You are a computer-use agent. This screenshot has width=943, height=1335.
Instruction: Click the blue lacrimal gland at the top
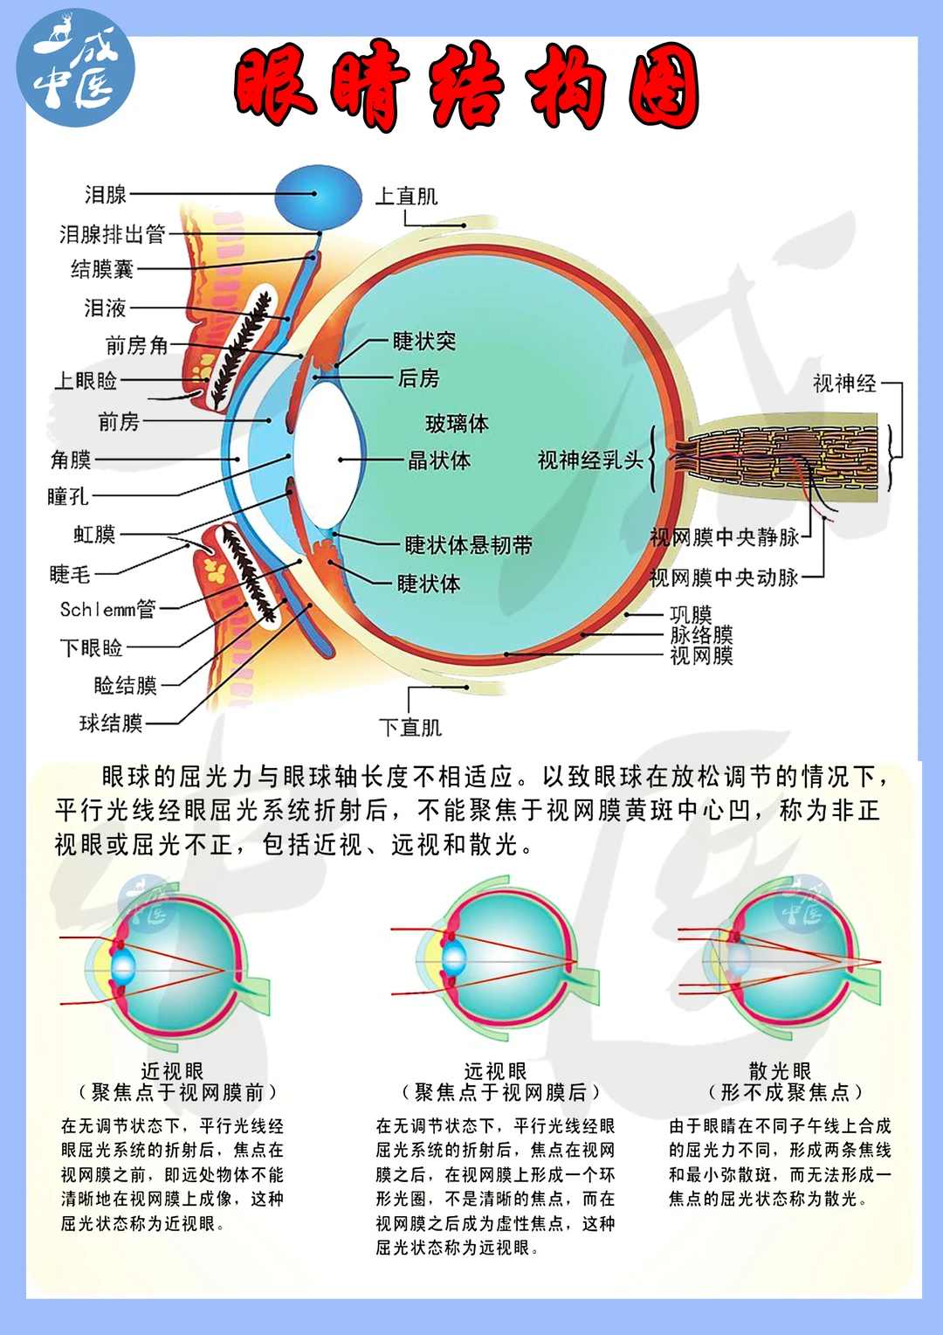(x=319, y=197)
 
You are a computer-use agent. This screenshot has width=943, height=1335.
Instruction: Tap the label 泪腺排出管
(x=113, y=234)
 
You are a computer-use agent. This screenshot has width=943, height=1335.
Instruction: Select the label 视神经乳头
(x=590, y=460)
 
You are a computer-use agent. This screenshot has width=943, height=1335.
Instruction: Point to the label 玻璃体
(x=457, y=424)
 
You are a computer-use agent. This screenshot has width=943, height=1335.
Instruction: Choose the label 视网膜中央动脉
(x=724, y=578)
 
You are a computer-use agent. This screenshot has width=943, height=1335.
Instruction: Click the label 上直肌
(x=406, y=197)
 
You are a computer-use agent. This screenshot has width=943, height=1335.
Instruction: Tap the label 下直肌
(x=410, y=727)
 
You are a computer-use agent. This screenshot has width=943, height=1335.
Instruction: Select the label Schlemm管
(x=107, y=609)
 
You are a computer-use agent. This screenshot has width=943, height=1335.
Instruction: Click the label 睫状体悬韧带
(x=468, y=545)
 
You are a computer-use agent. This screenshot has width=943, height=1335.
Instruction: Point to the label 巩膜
(x=691, y=615)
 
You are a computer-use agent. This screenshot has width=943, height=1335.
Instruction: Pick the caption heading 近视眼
(x=172, y=1071)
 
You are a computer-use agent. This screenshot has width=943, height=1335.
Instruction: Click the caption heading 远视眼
(x=495, y=1071)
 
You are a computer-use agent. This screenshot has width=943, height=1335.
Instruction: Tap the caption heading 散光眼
(x=780, y=1071)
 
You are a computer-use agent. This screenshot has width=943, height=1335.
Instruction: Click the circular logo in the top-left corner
(x=76, y=68)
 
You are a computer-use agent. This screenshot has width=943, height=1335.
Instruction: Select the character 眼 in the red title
(x=277, y=85)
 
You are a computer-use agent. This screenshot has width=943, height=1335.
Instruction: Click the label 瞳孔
(x=68, y=497)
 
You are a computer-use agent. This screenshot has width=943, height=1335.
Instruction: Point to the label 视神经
(x=844, y=384)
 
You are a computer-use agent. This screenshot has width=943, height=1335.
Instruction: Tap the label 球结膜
(x=111, y=723)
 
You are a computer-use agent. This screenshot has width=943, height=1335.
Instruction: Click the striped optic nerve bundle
(x=768, y=459)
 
